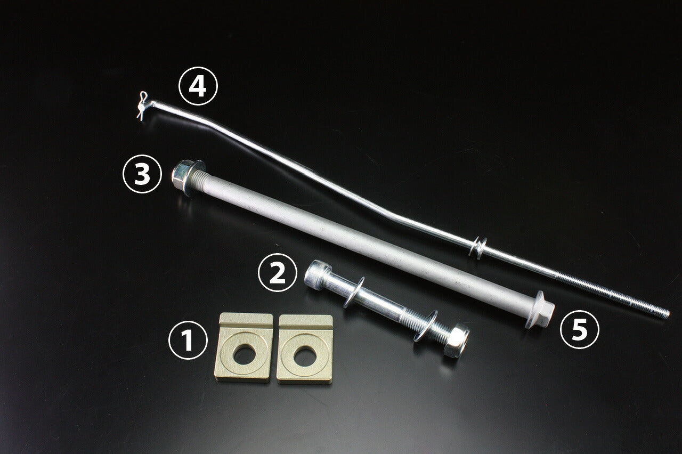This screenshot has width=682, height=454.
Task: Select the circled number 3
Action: [142, 174]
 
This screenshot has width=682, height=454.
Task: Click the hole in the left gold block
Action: [245, 355]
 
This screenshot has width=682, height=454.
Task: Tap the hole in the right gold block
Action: [305, 356]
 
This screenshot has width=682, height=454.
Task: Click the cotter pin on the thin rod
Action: [142, 106]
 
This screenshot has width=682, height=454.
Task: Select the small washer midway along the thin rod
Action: [478, 247]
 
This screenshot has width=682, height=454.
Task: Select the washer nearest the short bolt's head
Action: [352, 292]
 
